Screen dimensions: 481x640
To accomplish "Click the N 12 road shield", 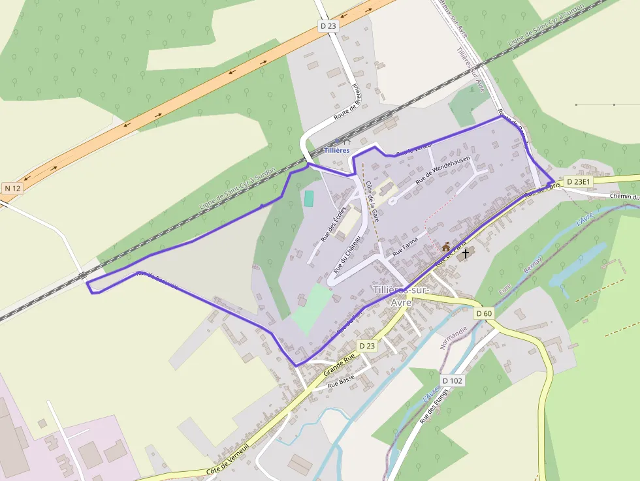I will point(12,188).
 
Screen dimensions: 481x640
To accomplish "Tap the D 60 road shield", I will point(484,313).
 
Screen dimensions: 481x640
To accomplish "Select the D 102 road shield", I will point(452,380).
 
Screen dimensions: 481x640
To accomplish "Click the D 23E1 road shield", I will point(578,181).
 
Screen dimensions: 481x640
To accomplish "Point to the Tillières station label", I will point(338,150).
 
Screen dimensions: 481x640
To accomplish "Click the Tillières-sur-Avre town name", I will point(400,296).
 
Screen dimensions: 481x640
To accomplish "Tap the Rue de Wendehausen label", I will point(443,168).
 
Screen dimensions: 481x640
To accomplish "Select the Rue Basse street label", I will point(341,380).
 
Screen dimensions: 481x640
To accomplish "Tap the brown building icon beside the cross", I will point(447,247).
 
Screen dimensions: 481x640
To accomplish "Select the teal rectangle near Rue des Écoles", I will point(308,198).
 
